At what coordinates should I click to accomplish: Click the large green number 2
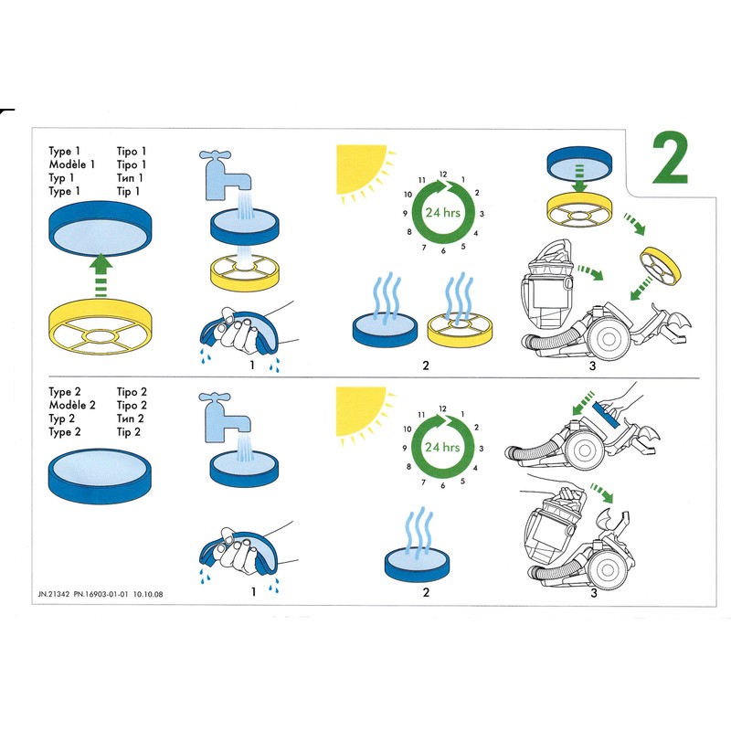[671, 161]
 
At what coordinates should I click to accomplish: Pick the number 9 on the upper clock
[403, 213]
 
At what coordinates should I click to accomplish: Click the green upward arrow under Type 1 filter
[102, 275]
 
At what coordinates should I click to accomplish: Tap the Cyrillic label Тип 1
[131, 178]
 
